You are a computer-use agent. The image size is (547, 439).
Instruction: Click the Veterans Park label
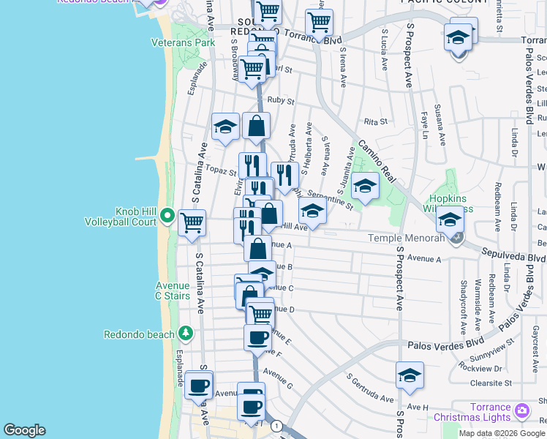click(x=183, y=42)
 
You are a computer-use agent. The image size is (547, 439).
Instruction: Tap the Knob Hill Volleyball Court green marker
click(x=167, y=216)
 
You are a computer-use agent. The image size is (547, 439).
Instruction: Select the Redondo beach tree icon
click(x=186, y=334)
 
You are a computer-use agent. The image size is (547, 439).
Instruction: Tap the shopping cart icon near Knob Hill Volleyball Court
click(x=192, y=221)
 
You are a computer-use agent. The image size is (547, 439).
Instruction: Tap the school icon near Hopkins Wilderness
click(x=449, y=219)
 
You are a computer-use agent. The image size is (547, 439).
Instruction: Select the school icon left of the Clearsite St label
click(x=410, y=375)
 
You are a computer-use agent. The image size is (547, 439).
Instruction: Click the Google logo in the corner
click(x=24, y=430)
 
